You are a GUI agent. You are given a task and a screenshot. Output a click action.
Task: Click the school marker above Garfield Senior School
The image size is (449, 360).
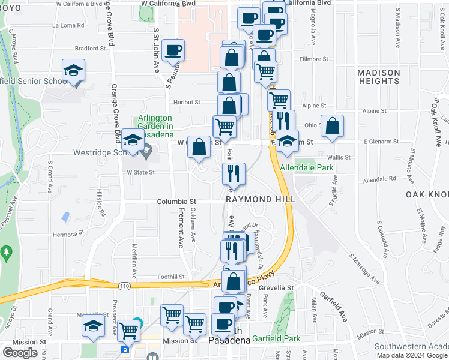click(x=73, y=70)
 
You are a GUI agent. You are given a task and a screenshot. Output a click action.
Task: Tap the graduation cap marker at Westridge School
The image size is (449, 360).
click(x=133, y=140)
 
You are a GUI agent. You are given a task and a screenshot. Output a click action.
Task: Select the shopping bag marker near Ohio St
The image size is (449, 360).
click(x=332, y=126)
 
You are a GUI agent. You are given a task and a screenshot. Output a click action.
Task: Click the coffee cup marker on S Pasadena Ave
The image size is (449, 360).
click(x=173, y=50)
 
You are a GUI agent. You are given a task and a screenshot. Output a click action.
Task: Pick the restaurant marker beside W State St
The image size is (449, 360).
click(x=234, y=174)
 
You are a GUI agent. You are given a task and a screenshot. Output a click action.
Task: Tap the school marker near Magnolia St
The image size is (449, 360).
click(x=93, y=326)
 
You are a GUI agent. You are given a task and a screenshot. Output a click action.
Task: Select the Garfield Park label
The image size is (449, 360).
click(x=276, y=338)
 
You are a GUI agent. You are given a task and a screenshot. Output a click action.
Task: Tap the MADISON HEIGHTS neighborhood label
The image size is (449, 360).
click(x=378, y=77)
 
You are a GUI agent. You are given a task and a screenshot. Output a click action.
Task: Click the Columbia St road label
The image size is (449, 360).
click(x=177, y=202)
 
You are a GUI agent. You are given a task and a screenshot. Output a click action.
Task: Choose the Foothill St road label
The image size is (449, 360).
click(x=171, y=277)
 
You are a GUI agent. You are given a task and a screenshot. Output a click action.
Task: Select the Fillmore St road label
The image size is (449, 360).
click(x=315, y=59)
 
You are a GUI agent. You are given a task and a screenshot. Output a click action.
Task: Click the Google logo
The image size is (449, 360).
click(x=20, y=353)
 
